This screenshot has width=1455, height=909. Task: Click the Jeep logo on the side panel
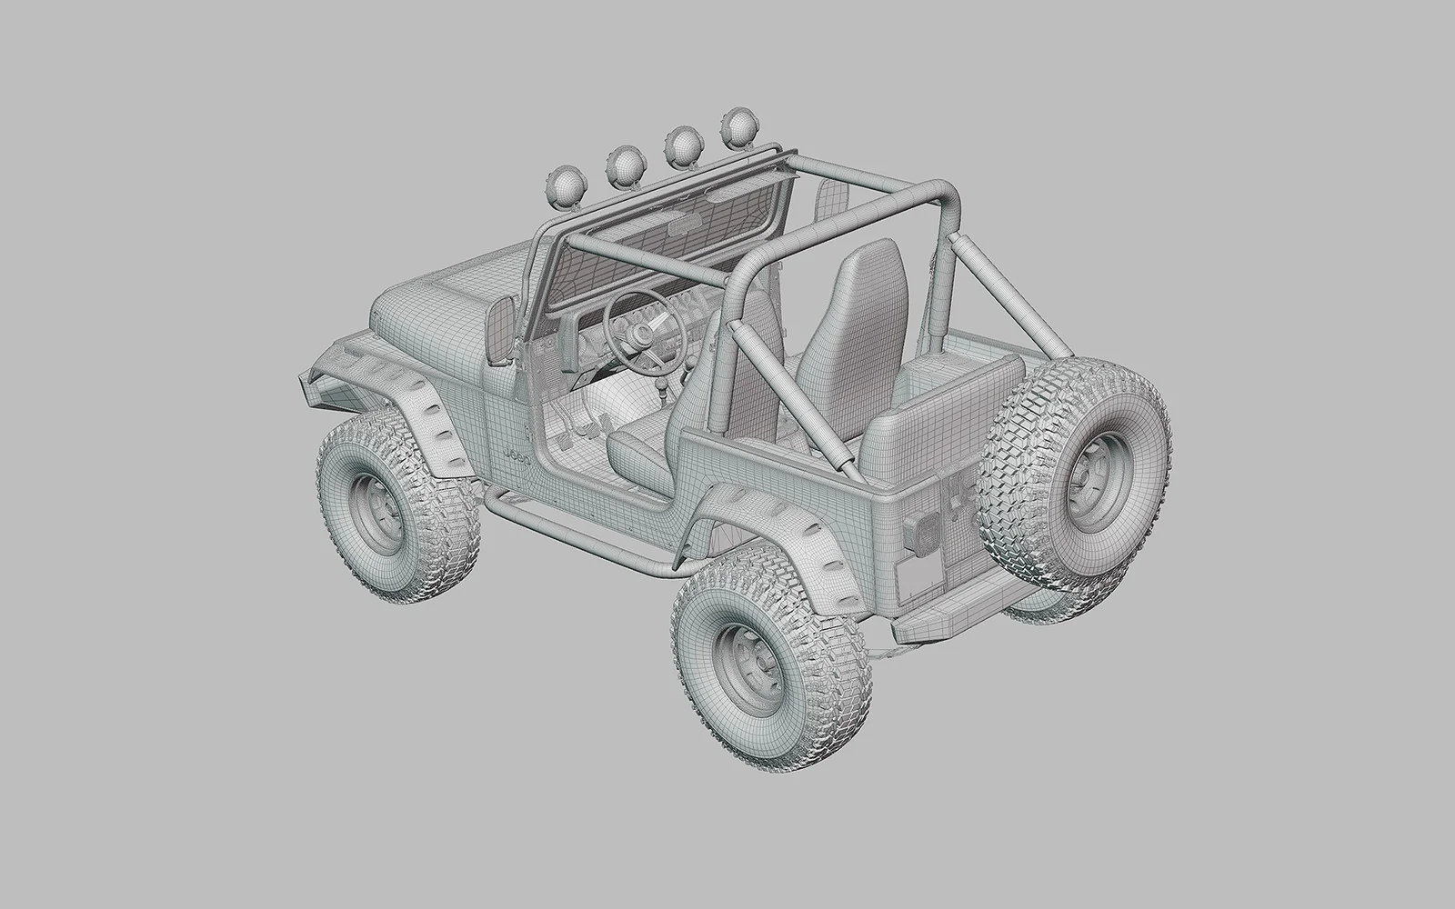tap(516, 459)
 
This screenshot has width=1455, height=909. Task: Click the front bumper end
tap(309, 382)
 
